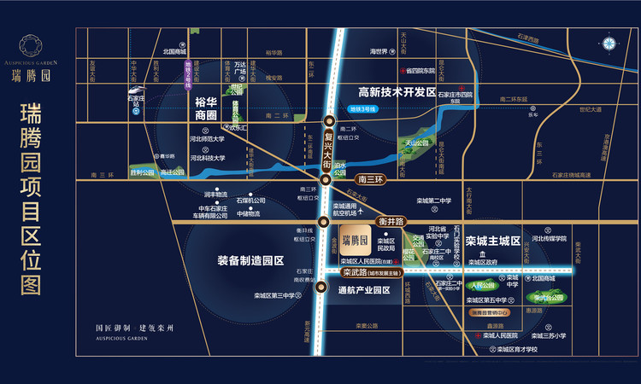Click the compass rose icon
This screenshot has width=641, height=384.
point(609,44)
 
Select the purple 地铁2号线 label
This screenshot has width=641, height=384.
point(188,65)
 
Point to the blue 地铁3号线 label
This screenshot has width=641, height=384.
point(362,109)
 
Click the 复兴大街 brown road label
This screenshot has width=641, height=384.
point(327,144)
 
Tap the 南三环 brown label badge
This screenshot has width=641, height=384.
point(373,180)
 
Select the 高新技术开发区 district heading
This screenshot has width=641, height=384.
point(397,92)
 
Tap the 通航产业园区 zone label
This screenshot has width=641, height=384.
point(363,290)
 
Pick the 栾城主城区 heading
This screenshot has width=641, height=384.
point(493,241)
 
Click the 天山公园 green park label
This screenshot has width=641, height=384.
point(416,143)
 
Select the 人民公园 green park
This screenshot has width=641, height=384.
point(484,286)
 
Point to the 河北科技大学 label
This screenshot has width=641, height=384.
point(207,158)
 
